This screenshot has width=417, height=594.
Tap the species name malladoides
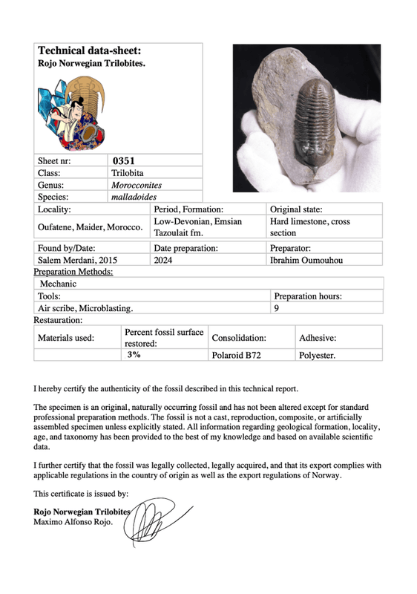tap(132, 198)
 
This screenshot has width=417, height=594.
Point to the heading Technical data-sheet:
tap(89, 51)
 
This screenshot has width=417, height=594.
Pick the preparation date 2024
tap(163, 261)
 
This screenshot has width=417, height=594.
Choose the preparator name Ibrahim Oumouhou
tap(306, 261)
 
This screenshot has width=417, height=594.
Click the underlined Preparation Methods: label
tap(73, 272)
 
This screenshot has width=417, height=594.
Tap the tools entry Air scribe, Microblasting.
tap(86, 307)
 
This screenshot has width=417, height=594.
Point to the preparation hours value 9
tap(277, 307)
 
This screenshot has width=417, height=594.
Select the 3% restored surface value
tap(134, 356)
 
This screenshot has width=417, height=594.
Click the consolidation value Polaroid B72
tap(236, 356)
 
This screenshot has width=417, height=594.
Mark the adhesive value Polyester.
tap(317, 356)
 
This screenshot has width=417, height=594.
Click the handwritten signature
tap(157, 520)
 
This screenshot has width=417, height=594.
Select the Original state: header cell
tap(295, 210)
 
